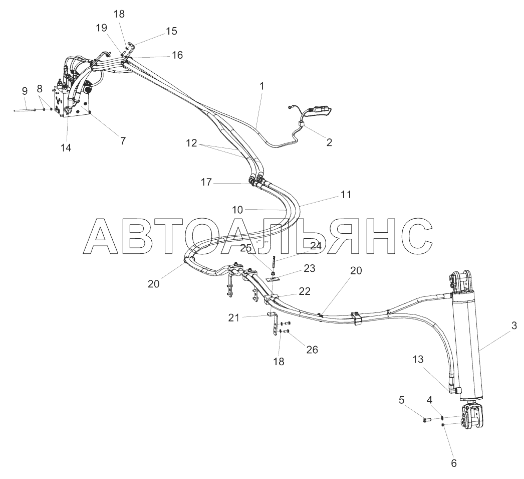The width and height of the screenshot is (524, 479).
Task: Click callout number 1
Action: point(261,86)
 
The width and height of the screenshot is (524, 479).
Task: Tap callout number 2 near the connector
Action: point(329,142)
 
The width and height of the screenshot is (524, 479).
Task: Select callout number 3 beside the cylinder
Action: point(513,326)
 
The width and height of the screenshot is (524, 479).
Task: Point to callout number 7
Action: point(123,140)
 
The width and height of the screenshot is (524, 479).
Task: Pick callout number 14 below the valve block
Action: point(66,147)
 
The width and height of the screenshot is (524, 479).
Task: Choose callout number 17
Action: point(206,183)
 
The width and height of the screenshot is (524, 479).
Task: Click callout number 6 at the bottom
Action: point(454,463)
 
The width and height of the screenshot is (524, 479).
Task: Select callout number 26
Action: point(312,350)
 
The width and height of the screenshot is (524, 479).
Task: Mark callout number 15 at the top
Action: point(171,31)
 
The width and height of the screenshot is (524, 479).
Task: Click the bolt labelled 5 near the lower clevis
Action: point(426,418)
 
